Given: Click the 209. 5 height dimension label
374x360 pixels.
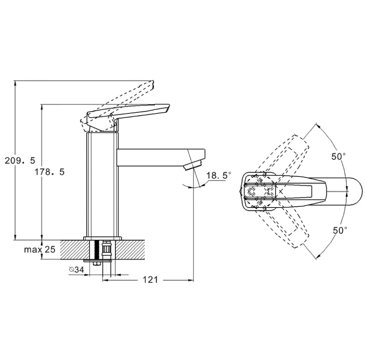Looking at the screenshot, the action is (x=20, y=160).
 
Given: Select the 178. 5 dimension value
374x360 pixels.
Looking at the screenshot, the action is (x=50, y=171).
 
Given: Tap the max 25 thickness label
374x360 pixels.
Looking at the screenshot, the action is (x=39, y=249).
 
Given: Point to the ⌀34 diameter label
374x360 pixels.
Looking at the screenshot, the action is (x=77, y=270).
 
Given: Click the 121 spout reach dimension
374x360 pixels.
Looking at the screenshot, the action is (x=150, y=279).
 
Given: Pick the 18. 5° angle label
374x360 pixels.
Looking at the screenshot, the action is (x=218, y=175).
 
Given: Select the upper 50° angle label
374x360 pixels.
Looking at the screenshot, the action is (x=338, y=156).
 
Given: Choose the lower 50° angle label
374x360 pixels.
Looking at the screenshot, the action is (x=340, y=230).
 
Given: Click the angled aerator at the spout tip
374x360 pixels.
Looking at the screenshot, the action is (x=193, y=165).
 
